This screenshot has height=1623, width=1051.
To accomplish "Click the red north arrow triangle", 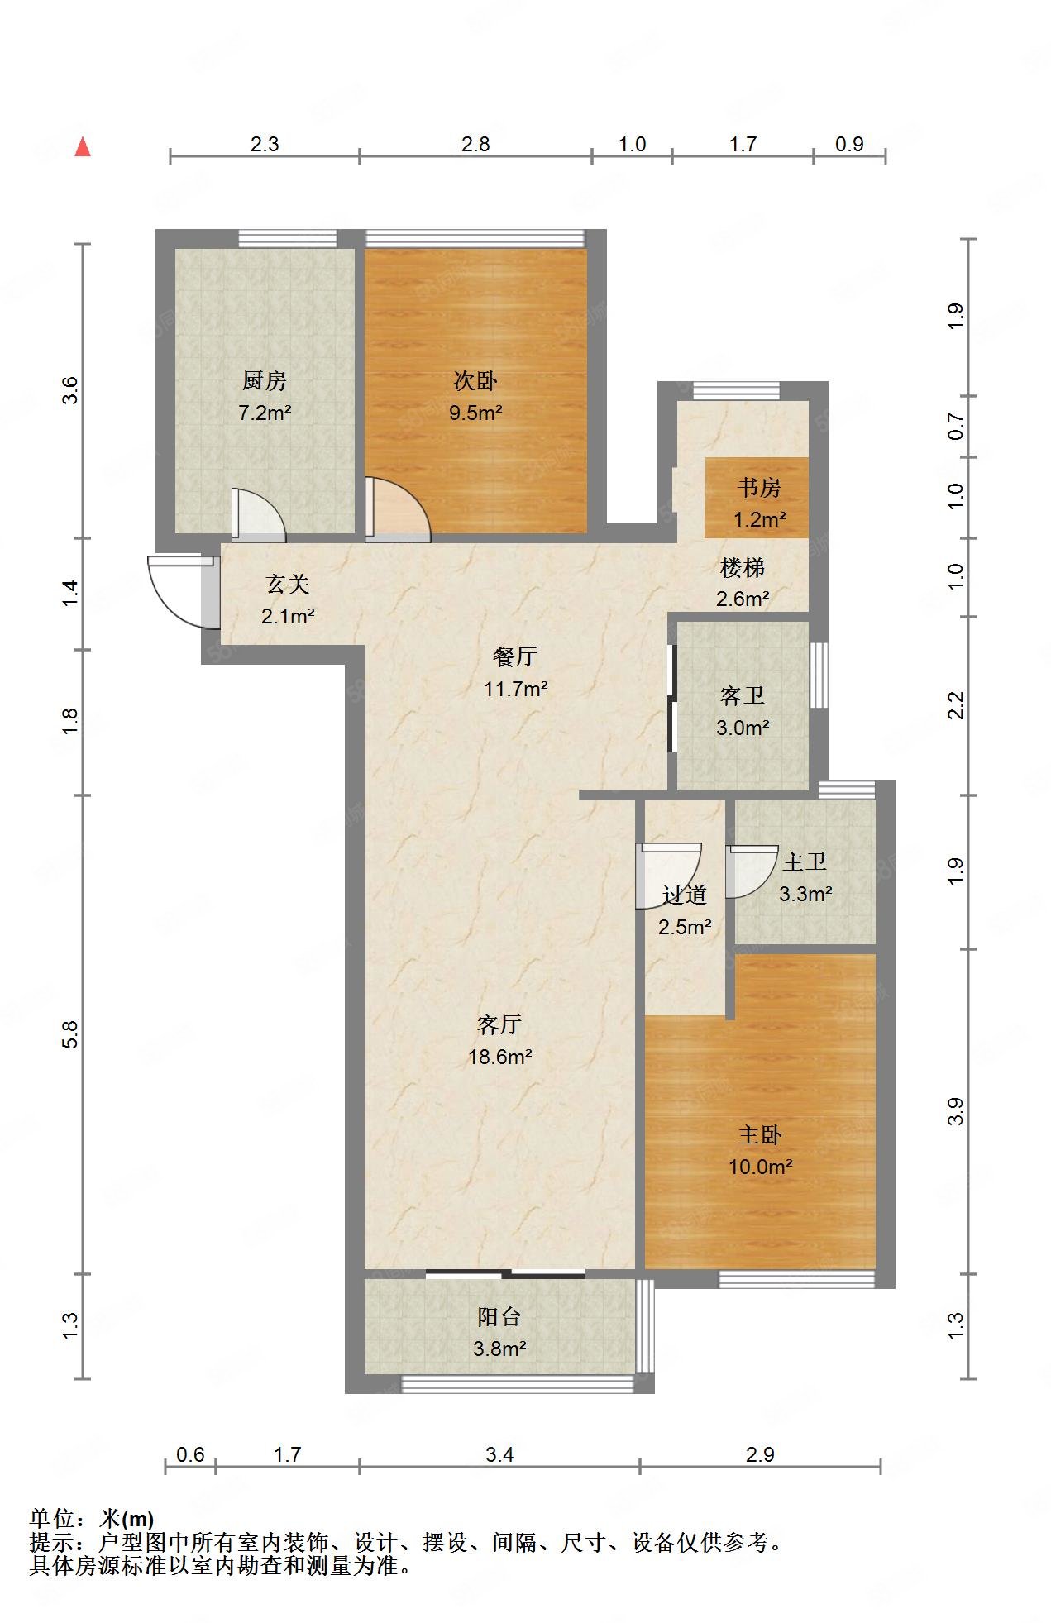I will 82,147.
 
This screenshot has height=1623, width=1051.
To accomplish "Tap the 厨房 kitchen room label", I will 264,381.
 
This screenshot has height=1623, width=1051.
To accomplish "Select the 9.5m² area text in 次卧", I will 475,413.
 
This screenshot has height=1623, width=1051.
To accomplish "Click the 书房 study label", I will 759,488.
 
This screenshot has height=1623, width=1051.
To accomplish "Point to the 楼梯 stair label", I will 742,568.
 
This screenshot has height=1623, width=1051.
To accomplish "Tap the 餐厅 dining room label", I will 514,657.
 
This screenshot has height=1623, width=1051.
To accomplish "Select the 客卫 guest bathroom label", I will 742,696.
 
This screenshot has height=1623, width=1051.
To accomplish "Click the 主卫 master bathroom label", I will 804,862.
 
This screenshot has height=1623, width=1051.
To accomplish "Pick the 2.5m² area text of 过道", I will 685,927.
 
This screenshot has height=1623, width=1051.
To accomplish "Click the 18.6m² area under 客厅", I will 499,1057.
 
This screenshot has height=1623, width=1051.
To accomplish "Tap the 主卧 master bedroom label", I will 759,1135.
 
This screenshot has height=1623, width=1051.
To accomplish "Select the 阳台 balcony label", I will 499,1317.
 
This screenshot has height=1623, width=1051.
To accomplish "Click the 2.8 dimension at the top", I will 475,145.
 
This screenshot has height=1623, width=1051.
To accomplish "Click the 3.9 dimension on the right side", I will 955,1111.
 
